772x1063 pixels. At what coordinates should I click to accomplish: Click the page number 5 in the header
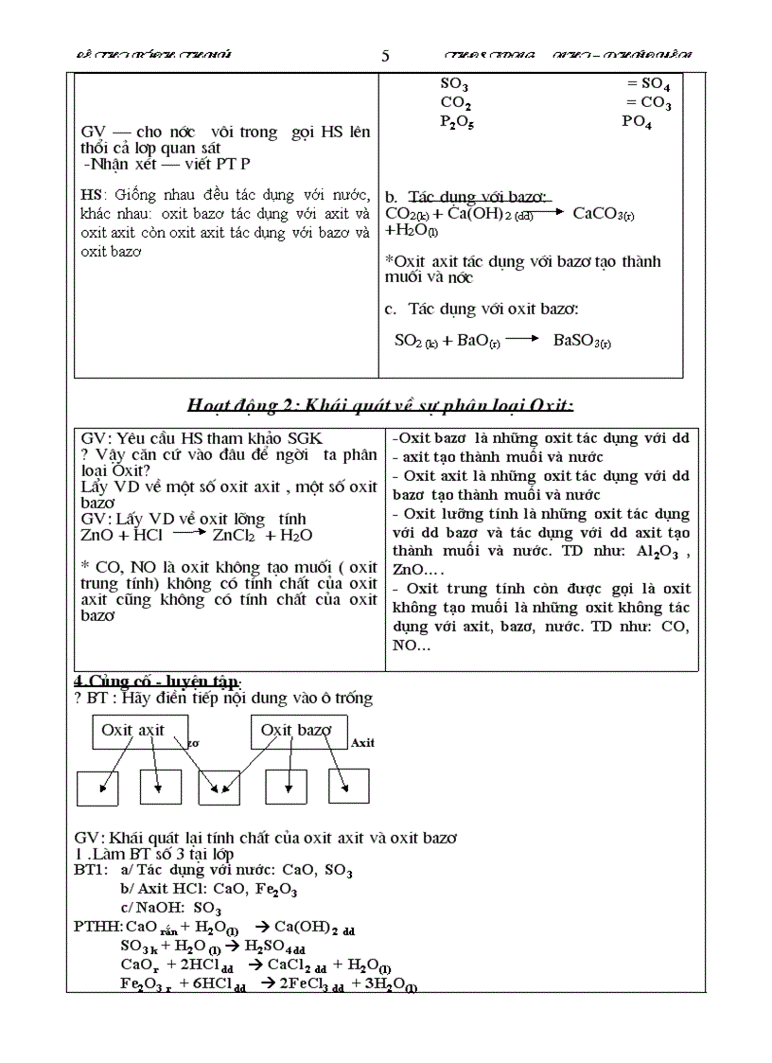385,56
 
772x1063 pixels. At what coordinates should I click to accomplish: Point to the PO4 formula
637,121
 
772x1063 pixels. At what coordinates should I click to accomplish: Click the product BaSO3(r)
582,341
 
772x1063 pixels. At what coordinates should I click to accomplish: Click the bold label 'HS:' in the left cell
93,195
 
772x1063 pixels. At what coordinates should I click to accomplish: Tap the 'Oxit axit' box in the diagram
133,731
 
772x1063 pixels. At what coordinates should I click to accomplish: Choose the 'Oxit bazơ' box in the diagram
296,731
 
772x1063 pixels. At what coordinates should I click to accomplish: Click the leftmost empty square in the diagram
98,787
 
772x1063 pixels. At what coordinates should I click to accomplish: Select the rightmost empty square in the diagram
347,786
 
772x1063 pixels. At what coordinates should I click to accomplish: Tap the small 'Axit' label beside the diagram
362,743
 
